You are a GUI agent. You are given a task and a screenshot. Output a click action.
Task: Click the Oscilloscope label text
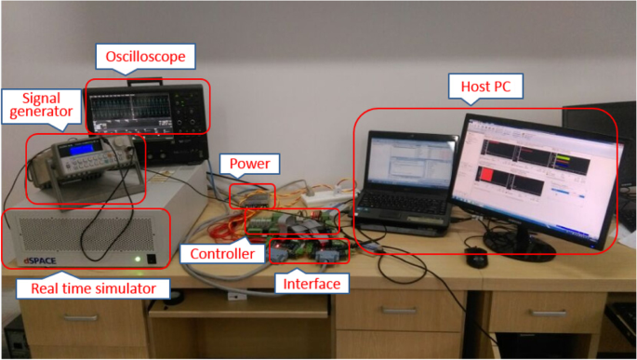pos(146,58)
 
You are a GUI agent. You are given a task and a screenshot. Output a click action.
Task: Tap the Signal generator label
pos(39,109)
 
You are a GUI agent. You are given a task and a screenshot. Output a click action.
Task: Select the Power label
pos(249,166)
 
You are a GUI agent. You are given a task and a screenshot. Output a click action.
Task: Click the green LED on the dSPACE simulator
pos(138,260)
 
